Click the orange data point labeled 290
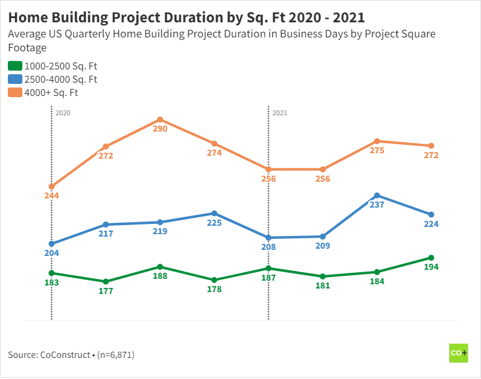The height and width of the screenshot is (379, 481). click(x=160, y=119)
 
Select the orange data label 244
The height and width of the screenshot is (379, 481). click(x=51, y=196)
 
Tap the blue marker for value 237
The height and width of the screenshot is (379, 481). click(x=377, y=196)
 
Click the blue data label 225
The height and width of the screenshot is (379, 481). click(x=214, y=223)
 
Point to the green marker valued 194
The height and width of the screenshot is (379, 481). click(x=431, y=258)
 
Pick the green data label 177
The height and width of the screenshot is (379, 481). click(x=106, y=291)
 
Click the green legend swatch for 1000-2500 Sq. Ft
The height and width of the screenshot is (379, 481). click(x=15, y=66)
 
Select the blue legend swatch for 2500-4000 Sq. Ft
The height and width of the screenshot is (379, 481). click(x=15, y=79)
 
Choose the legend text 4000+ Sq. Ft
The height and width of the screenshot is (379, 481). click(x=51, y=93)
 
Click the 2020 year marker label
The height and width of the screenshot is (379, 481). click(x=63, y=113)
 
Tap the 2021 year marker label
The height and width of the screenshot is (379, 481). click(x=280, y=113)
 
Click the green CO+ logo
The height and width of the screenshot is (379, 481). click(x=459, y=353)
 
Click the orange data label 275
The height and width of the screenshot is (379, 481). click(x=377, y=151)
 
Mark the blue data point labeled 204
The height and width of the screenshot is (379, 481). click(x=51, y=244)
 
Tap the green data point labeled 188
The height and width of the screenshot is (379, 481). click(x=160, y=267)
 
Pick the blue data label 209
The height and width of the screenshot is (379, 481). click(x=323, y=246)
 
